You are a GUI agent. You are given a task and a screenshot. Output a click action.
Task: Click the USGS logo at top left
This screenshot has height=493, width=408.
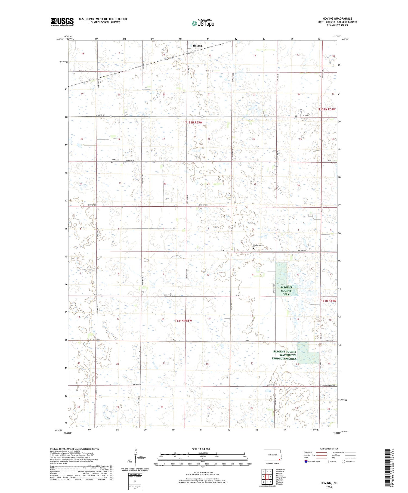pos(62,22)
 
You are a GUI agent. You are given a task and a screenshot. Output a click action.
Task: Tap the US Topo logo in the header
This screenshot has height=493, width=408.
pos(203,23)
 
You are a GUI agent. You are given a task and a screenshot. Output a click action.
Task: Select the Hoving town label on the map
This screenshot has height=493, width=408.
pos(197,46)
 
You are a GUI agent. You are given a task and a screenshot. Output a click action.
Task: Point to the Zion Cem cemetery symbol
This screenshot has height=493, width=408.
pos(112,162)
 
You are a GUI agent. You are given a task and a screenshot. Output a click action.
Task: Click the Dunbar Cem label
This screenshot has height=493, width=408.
pos(258,245)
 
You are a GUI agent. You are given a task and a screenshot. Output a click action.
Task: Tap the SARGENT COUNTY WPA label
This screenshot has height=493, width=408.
pos(286,291)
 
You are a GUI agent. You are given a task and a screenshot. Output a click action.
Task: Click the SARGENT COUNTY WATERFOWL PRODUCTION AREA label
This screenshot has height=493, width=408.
pos(285,355)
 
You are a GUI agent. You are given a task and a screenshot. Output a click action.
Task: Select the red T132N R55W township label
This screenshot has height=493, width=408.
pos(194,122)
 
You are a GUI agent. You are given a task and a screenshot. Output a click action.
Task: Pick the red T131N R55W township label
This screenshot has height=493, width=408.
pos(183,321)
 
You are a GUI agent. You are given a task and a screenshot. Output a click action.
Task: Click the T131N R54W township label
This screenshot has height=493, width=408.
pos(327,301)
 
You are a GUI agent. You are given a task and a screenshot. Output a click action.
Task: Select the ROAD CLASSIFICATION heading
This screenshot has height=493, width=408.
pos(329,449)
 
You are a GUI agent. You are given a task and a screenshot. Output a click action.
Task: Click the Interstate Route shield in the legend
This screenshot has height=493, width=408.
pos(306,461)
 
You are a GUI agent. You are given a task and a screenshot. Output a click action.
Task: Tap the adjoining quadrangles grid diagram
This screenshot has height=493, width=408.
pos(267,476)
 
